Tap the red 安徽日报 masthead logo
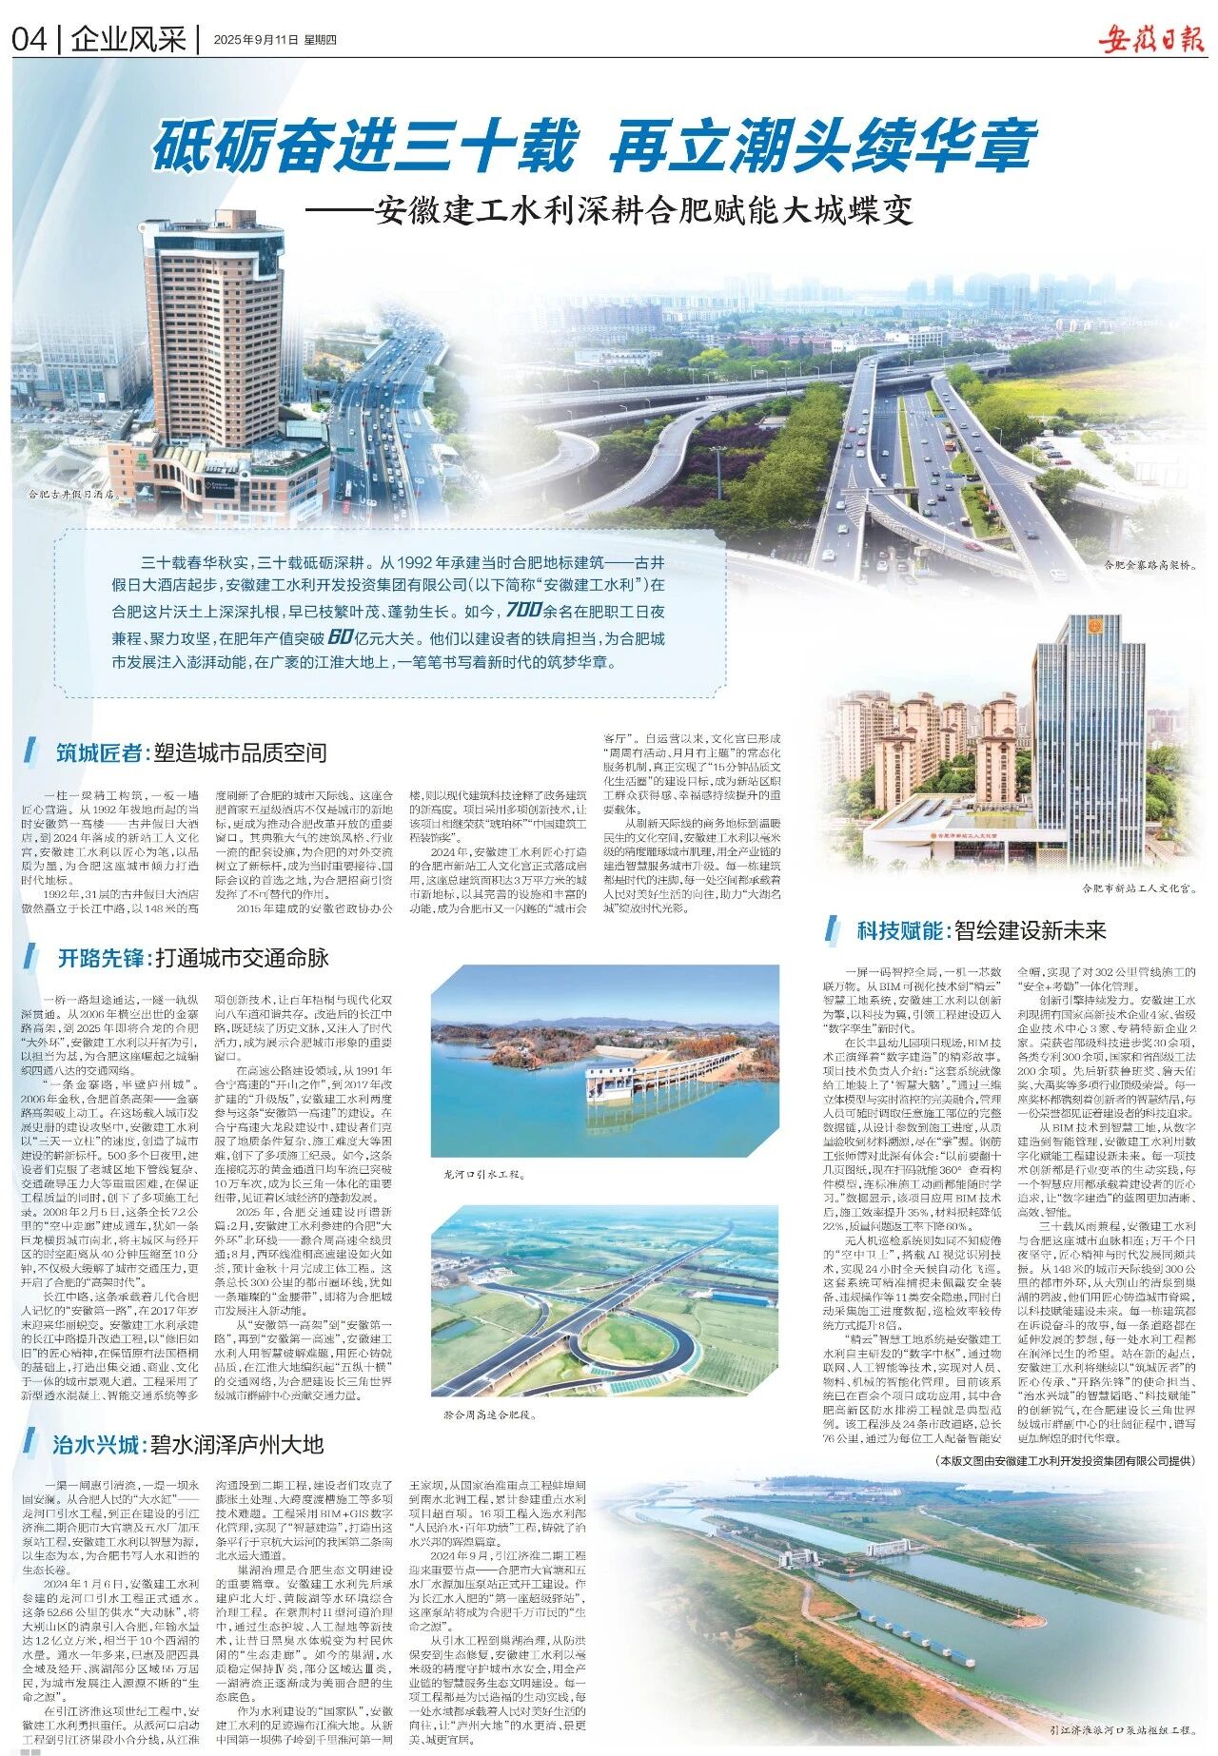click(1150, 39)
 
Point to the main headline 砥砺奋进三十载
click(365, 146)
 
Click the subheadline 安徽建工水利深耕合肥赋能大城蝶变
click(642, 210)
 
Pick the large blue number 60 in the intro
click(347, 636)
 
